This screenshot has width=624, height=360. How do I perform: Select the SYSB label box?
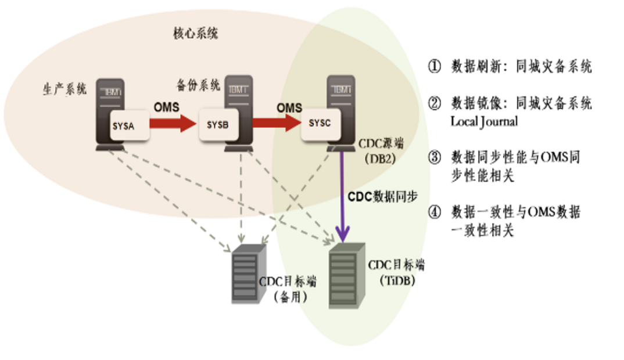[x=218, y=126]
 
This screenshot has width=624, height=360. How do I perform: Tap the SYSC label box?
[x=320, y=124]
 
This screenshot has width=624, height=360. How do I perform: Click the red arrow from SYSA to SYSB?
[x=174, y=124]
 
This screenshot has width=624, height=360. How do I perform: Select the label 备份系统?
[x=198, y=85]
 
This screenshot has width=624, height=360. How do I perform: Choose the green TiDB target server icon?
[x=347, y=275]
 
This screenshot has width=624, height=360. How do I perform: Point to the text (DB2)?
[x=380, y=157]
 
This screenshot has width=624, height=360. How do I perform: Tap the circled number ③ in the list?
[x=435, y=158]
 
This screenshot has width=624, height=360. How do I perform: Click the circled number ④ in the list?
[x=435, y=213]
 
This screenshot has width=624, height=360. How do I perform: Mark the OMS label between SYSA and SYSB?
[x=167, y=107]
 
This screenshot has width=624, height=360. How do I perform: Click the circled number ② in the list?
[x=435, y=104]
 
